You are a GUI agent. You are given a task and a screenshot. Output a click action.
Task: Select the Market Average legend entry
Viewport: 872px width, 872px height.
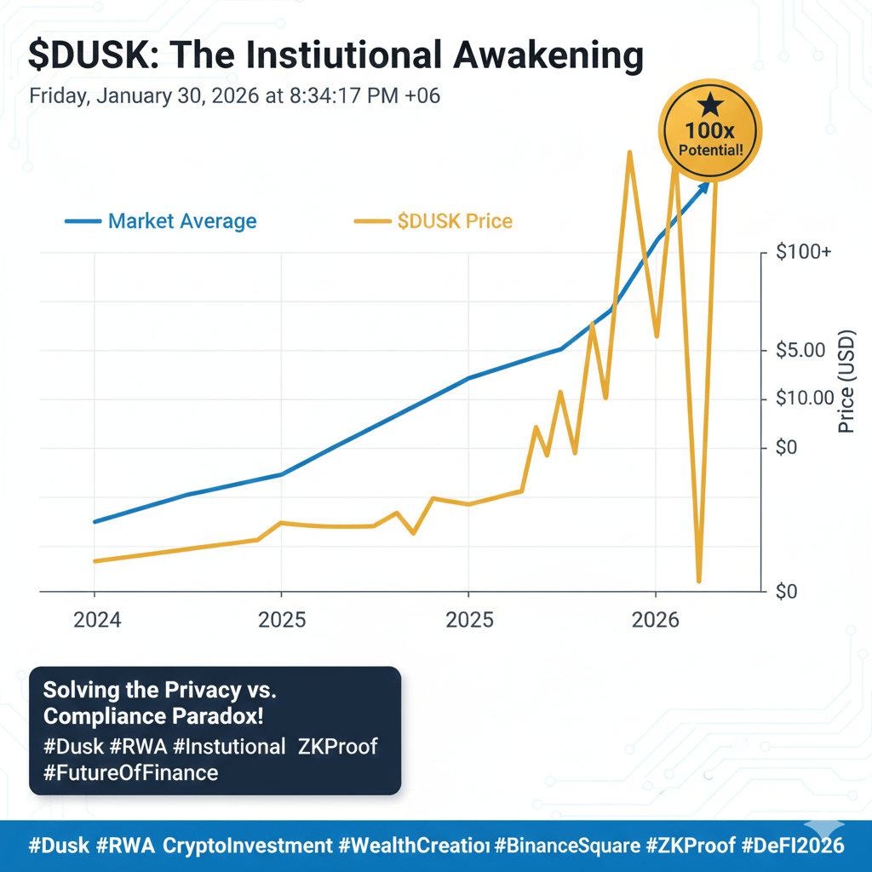click(x=181, y=221)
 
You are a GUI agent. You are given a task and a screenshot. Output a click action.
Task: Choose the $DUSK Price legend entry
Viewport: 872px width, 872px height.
click(x=455, y=221)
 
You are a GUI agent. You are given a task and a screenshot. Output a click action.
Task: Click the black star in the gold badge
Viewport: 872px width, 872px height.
click(x=710, y=106)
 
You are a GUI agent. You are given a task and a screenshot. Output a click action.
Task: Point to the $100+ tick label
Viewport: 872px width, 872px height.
click(x=804, y=253)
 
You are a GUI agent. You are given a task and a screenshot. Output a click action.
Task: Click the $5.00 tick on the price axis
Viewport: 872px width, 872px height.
click(x=802, y=350)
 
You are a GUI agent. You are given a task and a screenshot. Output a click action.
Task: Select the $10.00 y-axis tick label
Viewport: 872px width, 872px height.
click(x=806, y=399)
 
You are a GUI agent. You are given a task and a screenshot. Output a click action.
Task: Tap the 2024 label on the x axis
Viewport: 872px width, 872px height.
click(x=97, y=620)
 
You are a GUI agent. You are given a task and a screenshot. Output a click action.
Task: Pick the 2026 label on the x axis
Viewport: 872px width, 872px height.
click(x=656, y=620)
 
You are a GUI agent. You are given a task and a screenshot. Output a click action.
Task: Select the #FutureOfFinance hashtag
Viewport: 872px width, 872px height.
click(x=130, y=772)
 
